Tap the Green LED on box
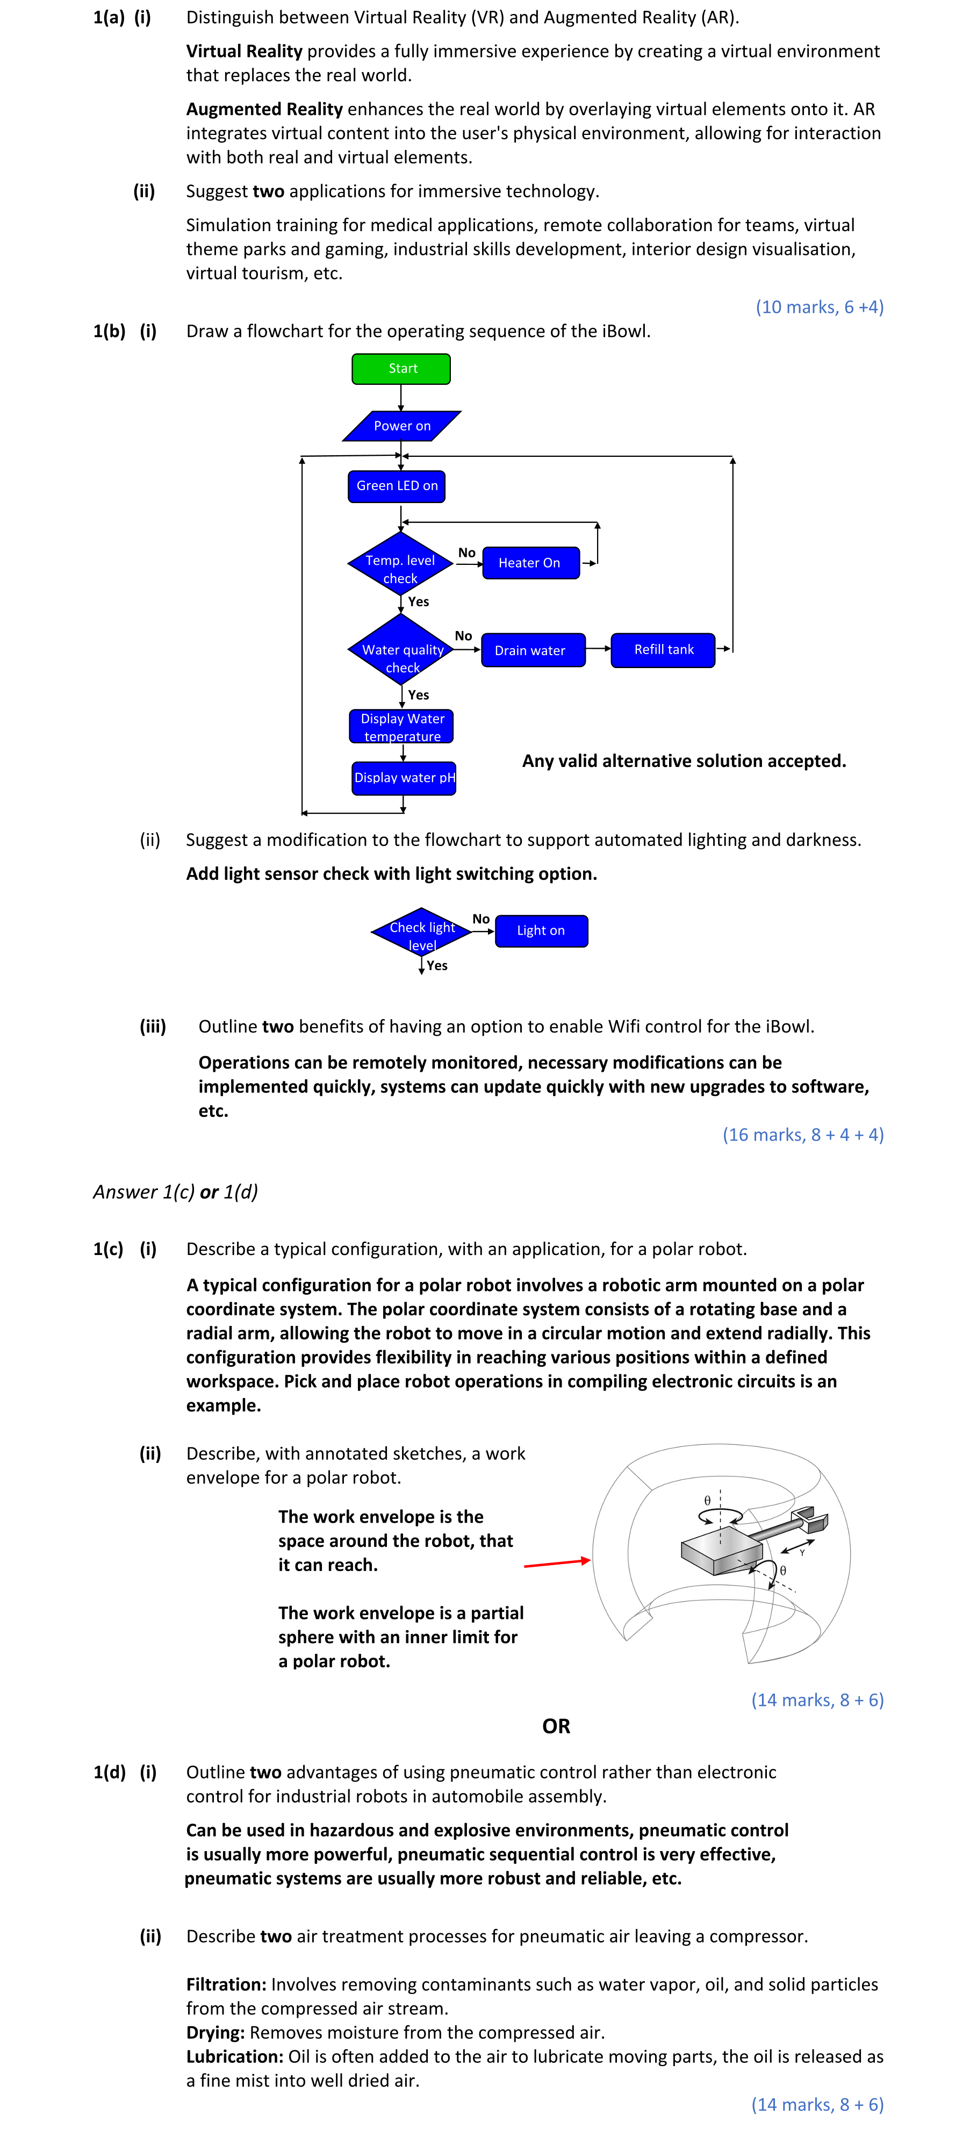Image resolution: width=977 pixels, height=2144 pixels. pos(397,486)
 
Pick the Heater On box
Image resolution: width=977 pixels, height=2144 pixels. pos(530,563)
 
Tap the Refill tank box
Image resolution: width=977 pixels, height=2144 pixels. pos(663,650)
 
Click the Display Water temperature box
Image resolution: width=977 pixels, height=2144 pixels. pos(402,727)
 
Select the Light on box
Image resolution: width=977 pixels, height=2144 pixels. pos(541,930)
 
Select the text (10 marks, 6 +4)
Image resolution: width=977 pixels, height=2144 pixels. pos(819,307)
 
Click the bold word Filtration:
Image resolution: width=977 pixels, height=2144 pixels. pos(226,1984)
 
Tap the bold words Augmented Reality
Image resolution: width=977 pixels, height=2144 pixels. pos(264,109)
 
